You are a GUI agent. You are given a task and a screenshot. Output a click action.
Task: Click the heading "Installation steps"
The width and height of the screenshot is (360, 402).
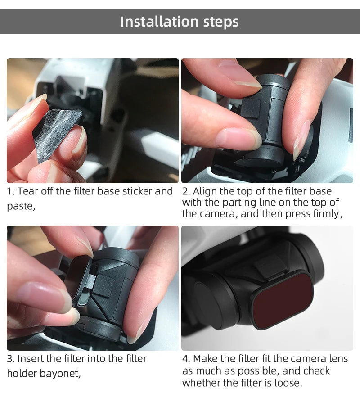coord(180,22)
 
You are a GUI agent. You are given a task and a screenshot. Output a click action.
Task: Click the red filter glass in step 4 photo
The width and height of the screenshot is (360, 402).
coord(283,299)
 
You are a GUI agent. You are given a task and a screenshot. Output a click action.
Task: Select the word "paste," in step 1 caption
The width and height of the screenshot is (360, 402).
coord(21,207)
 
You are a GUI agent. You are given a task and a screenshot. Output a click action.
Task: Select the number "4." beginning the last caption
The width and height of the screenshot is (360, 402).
coord(186,359)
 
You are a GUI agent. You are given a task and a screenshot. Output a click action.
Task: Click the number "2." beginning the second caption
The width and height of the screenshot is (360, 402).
coord(186,191)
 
